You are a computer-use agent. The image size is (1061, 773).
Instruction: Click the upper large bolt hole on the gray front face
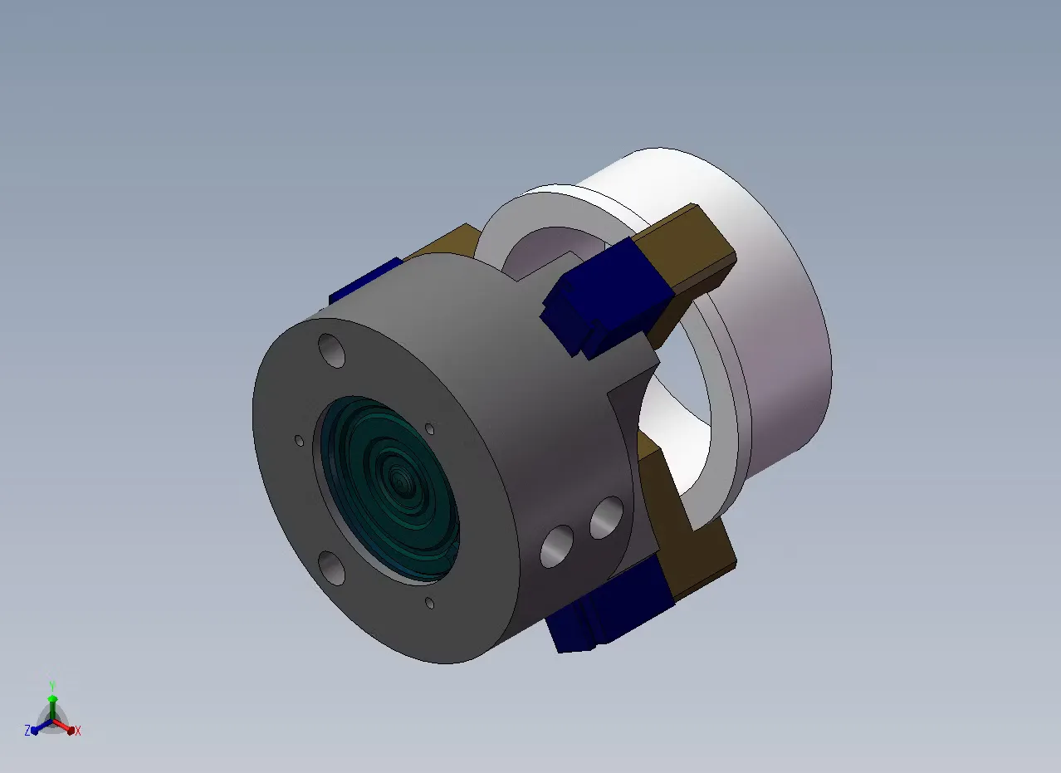pyautogui.click(x=331, y=350)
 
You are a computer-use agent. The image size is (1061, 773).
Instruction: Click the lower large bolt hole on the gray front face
pyautogui.click(x=331, y=568)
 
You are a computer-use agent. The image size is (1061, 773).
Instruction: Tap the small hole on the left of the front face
pyautogui.click(x=300, y=441)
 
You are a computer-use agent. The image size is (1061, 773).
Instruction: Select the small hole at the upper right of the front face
pyautogui.click(x=429, y=428)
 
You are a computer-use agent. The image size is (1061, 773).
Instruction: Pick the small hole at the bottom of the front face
pyautogui.click(x=429, y=603)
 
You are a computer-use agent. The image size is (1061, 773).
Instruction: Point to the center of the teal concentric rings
pyautogui.click(x=400, y=483)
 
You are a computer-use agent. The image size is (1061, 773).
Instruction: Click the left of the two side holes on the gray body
pyautogui.click(x=556, y=546)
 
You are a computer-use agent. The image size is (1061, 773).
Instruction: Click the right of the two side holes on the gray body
pyautogui.click(x=606, y=517)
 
